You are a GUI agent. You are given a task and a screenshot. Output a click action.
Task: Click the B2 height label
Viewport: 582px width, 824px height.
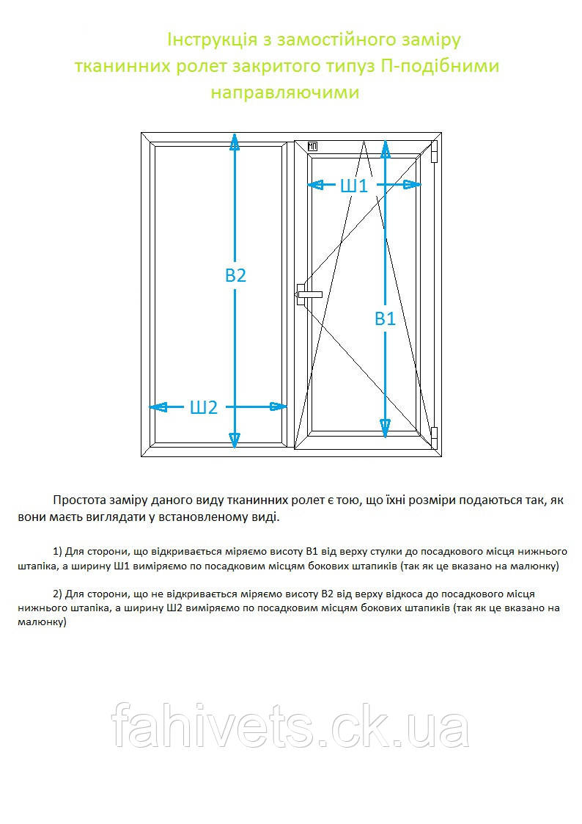click(235, 276)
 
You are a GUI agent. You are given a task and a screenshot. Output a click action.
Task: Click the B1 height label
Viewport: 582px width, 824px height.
click(385, 318)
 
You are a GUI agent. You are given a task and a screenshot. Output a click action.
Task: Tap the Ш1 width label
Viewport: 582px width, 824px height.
click(354, 186)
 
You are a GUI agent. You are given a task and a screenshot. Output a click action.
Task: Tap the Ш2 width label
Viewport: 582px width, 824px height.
click(204, 407)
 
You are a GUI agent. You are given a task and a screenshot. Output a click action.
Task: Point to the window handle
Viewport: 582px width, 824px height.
click(307, 294)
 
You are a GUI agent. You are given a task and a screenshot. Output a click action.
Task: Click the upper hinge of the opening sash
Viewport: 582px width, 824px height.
click(434, 152)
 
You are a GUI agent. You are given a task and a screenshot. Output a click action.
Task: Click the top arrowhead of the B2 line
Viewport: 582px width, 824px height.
click(235, 141)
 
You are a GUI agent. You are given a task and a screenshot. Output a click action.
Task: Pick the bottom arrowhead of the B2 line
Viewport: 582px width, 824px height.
click(235, 440)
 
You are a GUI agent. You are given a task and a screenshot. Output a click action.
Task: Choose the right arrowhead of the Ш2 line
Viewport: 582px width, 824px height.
click(279, 407)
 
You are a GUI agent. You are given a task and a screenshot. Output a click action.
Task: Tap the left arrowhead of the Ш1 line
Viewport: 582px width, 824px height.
click(317, 185)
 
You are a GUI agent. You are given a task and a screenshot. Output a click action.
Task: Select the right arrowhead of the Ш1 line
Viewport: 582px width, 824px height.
click(413, 185)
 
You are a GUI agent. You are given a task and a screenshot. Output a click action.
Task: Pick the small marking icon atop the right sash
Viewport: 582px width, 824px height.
click(313, 145)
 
